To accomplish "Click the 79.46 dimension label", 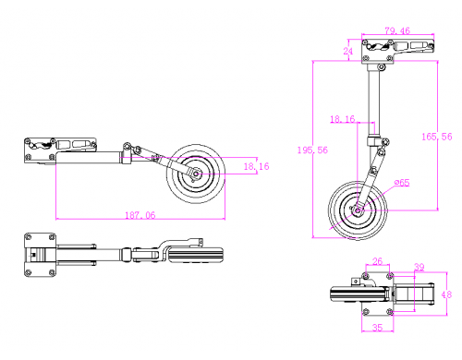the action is (397, 30).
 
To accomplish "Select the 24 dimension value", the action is (348, 51).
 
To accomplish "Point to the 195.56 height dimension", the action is (312, 150).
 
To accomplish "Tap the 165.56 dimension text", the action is (437, 137).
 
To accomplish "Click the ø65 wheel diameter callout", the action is (402, 183).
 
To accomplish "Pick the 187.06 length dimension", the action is (140, 215).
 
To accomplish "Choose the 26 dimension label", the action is (377, 261).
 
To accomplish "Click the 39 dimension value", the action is (419, 267).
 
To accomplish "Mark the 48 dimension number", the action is (446, 294).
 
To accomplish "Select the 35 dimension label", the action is (377, 328).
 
